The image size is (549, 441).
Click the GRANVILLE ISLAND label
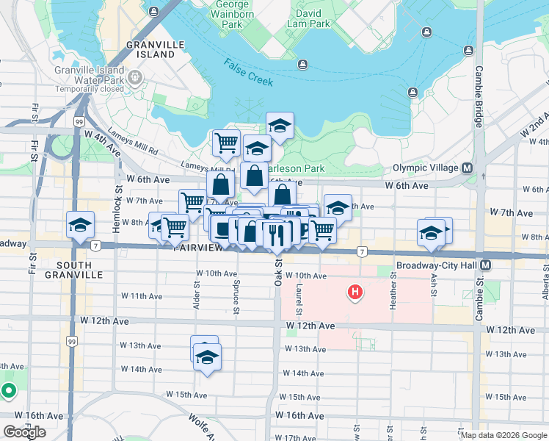[x=155, y=49]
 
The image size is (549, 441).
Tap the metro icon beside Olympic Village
[x=466, y=168]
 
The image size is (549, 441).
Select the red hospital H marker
[x=355, y=293]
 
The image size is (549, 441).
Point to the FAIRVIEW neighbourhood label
[x=198, y=248]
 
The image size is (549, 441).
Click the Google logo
[x=24, y=432]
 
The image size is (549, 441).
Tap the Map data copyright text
[x=503, y=435]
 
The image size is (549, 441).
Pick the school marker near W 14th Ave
[x=208, y=358]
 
